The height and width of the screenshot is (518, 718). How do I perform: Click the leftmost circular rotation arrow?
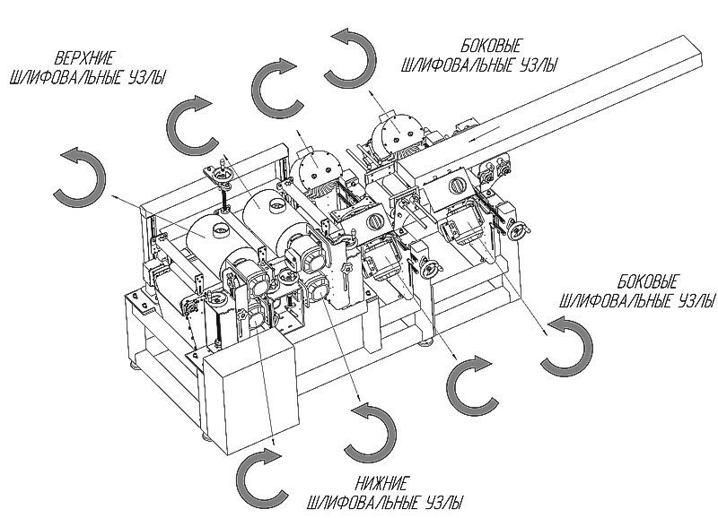(80, 175)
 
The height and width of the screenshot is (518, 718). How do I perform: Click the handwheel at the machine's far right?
(517, 229)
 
